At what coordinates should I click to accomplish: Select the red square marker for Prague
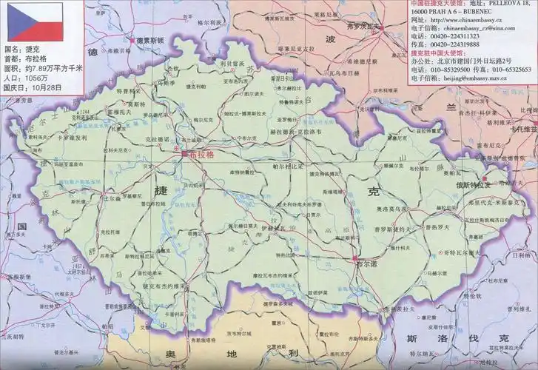(184, 153)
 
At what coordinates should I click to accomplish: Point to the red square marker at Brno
(355, 257)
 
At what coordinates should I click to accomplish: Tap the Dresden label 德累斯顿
(152, 41)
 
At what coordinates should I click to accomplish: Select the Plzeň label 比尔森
(112, 198)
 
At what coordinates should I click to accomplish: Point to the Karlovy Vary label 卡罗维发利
(71, 138)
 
